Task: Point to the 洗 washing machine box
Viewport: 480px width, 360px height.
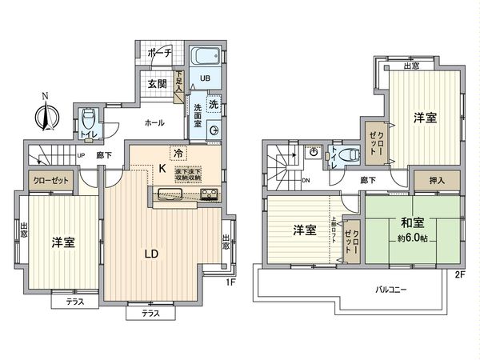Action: [214, 105]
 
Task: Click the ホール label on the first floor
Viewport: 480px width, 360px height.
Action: [154, 123]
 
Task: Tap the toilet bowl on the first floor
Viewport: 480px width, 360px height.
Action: [89, 117]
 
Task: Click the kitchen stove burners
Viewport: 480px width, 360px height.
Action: [209, 194]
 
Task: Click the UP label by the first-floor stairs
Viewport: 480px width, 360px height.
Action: [81, 156]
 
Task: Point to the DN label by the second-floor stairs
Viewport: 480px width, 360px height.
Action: [307, 181]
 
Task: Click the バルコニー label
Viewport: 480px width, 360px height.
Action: [394, 288]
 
